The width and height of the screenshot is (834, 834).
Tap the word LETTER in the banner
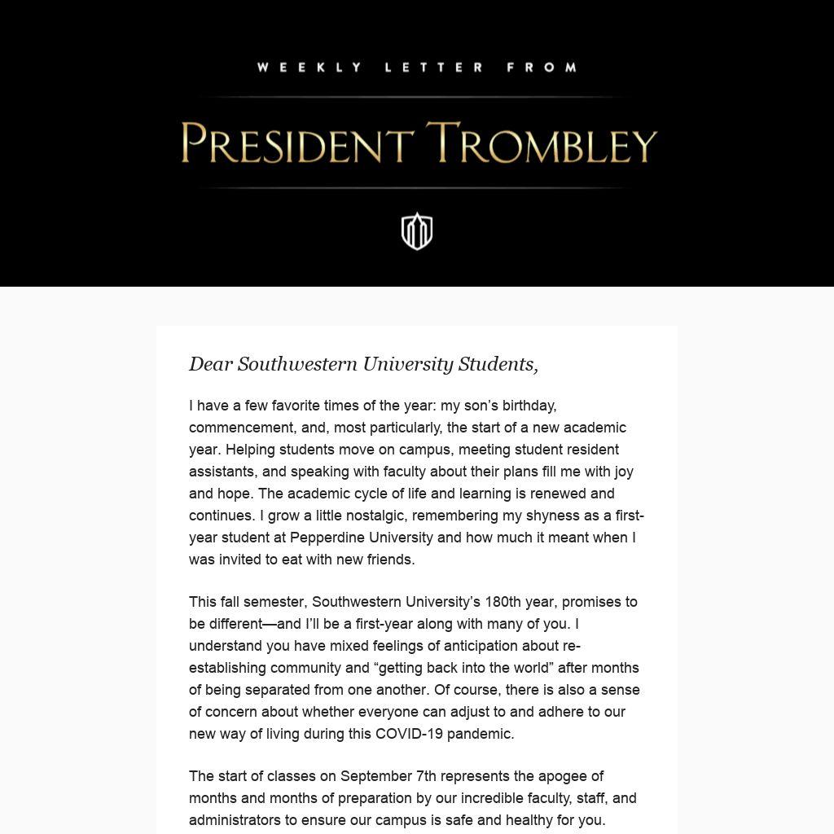point(434,68)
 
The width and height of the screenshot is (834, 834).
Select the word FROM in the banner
point(542,68)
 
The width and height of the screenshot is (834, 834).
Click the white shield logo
point(417,231)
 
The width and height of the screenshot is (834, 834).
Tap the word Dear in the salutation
point(211,364)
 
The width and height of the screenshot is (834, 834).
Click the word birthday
point(529,406)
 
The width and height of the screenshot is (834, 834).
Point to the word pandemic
point(481,734)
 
